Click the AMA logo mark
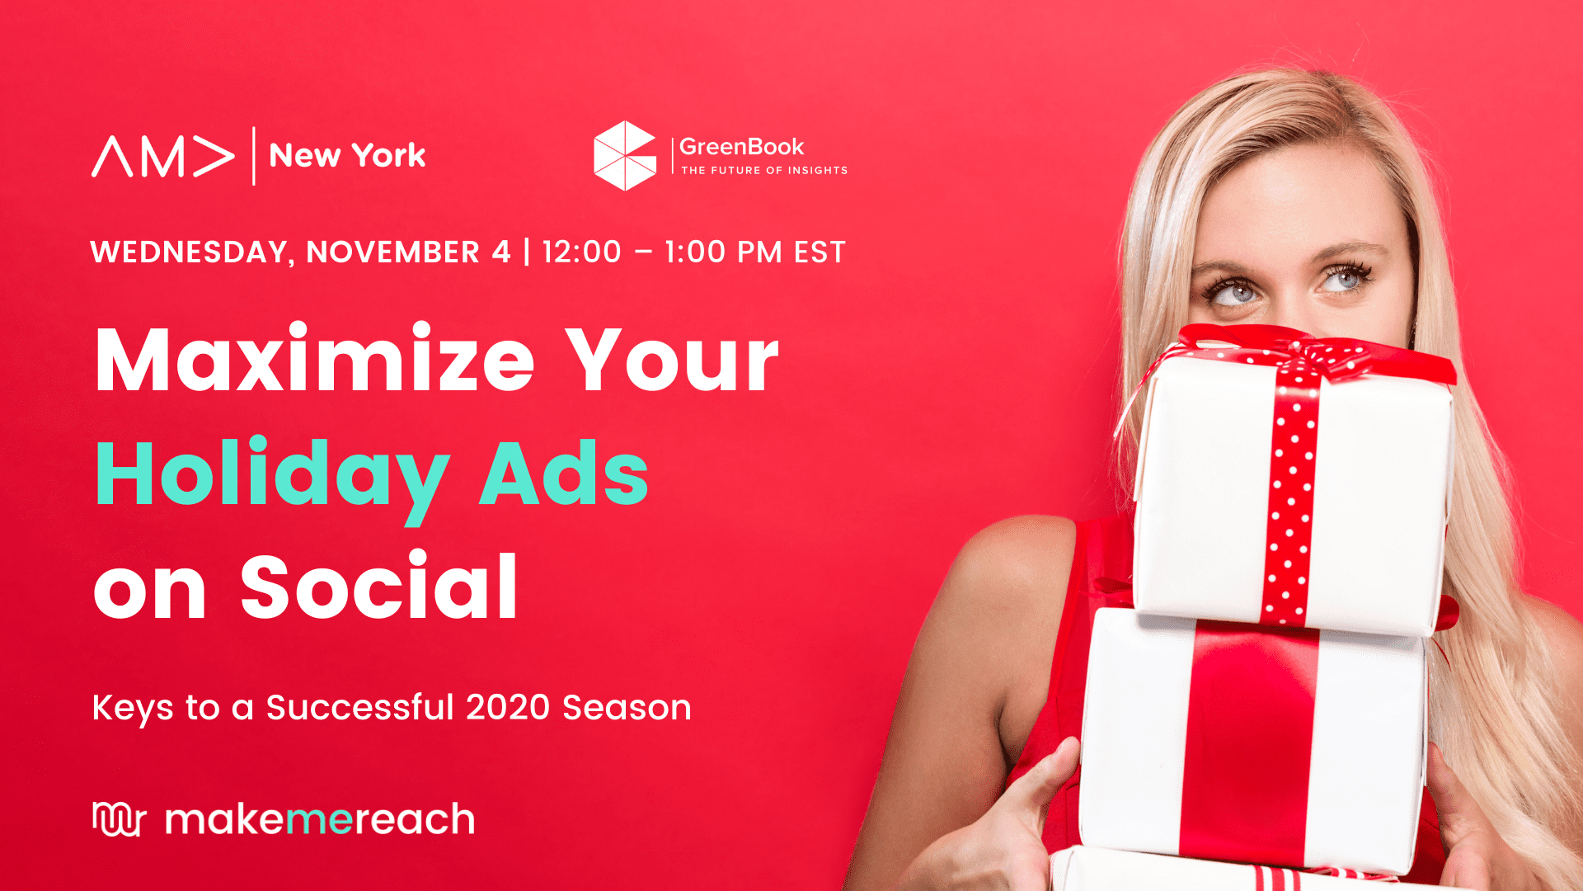point(163,156)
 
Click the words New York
point(347,155)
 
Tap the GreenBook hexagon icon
point(625,156)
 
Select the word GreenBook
point(741,147)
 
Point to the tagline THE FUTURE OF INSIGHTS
point(764,170)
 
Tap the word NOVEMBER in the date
point(393,252)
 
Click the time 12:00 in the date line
point(581,252)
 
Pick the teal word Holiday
point(273,477)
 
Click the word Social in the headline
point(379,586)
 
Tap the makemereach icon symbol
point(119,818)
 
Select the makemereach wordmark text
point(320,819)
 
